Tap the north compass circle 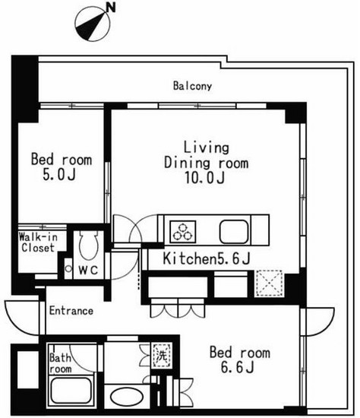point(93,24)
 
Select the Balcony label point(192,86)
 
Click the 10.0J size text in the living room point(204,178)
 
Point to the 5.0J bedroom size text point(59,175)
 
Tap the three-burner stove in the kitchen point(183,231)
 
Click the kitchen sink point(234,231)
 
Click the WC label point(89,271)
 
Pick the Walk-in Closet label point(39,242)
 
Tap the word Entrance point(71,311)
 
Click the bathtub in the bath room point(71,391)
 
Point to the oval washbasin point(127,397)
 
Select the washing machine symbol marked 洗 point(162,356)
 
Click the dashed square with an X point(269,283)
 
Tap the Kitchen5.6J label point(207,258)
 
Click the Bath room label point(61,363)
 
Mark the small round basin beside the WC point(68,269)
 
